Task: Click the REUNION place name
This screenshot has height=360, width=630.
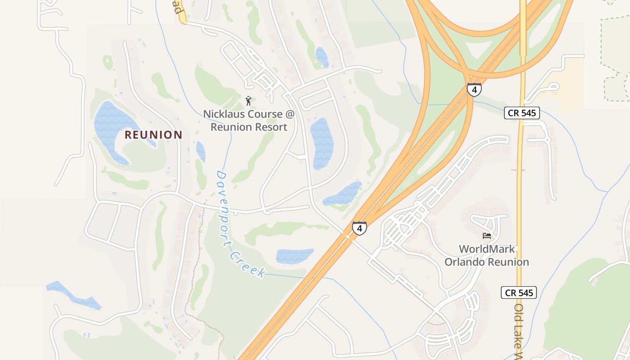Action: (153, 135)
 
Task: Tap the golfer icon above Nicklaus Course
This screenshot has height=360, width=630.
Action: (248, 101)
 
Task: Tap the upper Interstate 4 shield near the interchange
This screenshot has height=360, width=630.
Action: (474, 90)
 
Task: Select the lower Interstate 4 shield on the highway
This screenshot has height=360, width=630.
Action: (359, 229)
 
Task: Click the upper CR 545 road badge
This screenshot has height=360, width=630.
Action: (522, 113)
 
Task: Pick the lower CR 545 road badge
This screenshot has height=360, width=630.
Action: (519, 293)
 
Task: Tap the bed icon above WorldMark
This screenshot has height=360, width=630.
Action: (486, 236)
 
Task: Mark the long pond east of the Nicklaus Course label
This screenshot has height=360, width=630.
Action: (322, 143)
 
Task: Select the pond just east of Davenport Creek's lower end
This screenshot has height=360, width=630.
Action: (294, 256)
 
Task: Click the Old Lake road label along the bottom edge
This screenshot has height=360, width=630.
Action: (518, 333)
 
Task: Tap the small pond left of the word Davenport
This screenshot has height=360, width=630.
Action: (201, 152)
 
